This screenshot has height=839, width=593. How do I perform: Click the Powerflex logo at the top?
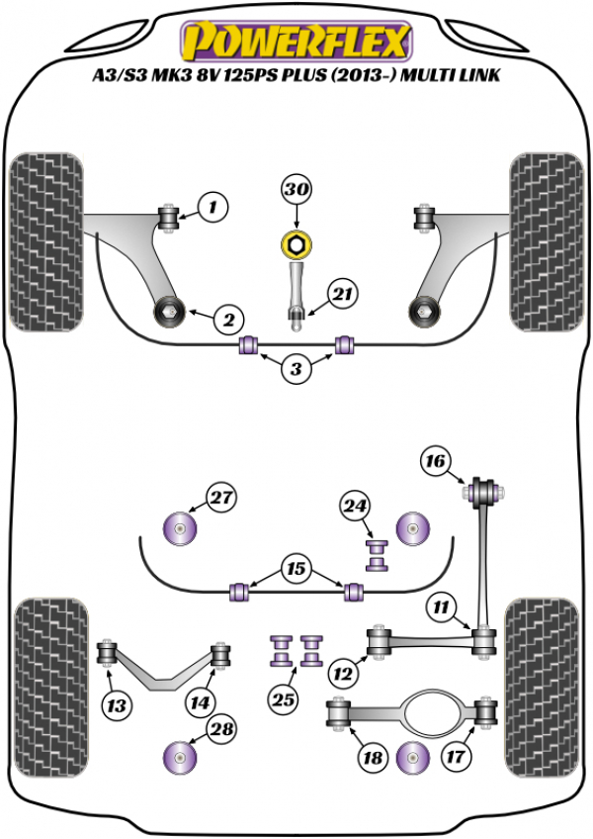tap(296, 42)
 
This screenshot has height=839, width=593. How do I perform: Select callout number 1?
tap(212, 207)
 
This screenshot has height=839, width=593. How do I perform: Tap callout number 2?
tap(227, 320)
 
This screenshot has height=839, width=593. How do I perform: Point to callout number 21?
tap(342, 294)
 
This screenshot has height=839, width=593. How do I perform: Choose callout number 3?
tap(296, 370)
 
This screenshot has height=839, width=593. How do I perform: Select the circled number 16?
tap(436, 460)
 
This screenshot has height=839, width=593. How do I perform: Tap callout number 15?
tap(296, 570)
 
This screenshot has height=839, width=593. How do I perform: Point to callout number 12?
tap(343, 675)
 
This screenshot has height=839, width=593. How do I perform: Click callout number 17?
tap(373, 760)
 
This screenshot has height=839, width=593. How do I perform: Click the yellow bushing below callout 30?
tap(296, 242)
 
